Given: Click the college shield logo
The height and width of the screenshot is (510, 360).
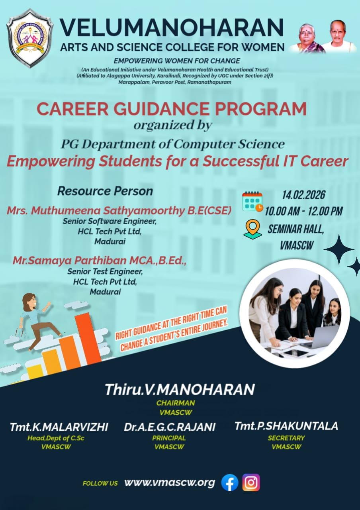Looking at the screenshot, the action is click(x=30, y=38).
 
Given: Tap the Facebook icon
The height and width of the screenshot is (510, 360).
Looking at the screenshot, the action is click(x=230, y=483).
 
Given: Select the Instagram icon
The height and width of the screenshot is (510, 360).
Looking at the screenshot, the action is click(x=251, y=482).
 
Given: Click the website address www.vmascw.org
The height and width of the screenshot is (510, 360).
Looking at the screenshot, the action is click(x=170, y=483).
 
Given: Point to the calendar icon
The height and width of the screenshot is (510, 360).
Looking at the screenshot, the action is click(x=252, y=202).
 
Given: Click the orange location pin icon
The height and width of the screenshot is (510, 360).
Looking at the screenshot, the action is click(x=252, y=230).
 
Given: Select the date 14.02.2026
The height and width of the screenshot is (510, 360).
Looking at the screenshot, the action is click(x=303, y=195).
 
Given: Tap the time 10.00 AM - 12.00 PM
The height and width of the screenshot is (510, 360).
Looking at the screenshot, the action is click(x=303, y=211).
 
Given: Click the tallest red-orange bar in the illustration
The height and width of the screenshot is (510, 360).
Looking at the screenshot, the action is click(x=88, y=339).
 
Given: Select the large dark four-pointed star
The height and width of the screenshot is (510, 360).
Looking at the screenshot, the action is click(x=338, y=249).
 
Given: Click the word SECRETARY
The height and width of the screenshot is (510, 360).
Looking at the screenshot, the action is click(x=286, y=438).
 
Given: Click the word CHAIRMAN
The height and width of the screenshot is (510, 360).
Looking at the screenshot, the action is click(x=176, y=403).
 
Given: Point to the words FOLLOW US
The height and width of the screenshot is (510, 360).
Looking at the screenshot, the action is click(x=100, y=483).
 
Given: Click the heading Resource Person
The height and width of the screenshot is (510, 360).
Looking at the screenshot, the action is click(x=105, y=191).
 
